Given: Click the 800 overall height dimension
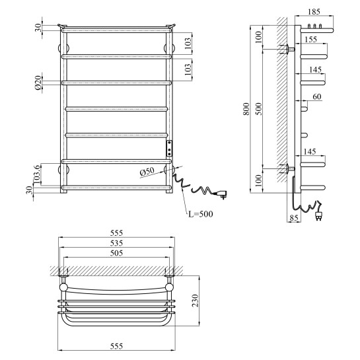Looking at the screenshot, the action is (246, 109).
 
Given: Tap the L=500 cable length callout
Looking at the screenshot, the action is (201, 214).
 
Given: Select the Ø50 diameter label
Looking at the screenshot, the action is (147, 172).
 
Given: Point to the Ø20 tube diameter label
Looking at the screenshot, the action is (38, 83).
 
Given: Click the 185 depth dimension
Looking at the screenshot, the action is (314, 12).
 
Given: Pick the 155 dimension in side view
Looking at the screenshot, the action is (310, 40).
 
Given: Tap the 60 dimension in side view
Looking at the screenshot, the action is (317, 96).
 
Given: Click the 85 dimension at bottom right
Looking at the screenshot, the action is (294, 218).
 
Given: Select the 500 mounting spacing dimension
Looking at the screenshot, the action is (259, 109).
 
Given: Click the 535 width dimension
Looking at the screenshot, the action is (117, 243).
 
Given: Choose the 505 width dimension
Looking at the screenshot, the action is (117, 253).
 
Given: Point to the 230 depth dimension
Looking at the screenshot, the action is (195, 301).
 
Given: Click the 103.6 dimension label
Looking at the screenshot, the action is (37, 174).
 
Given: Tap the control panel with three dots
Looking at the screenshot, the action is (169, 149).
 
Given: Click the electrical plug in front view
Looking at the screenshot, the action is (220, 194).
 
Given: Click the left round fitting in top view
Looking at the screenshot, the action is (63, 287).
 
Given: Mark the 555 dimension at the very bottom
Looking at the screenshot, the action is (117, 346).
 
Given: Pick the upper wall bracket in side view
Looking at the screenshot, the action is (287, 49).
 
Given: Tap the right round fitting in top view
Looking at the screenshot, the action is (170, 287).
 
